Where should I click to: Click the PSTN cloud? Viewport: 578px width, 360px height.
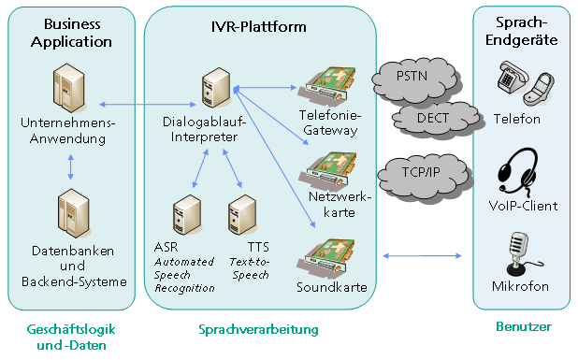[408, 75]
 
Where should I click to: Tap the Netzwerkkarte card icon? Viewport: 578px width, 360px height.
[330, 166]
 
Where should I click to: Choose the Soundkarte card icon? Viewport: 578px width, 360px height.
[330, 252]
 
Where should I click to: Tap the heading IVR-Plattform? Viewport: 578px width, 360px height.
[259, 27]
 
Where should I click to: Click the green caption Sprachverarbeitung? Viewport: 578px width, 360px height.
[259, 329]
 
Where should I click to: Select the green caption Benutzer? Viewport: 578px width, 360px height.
[522, 326]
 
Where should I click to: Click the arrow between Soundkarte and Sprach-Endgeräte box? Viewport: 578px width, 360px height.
[424, 253]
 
